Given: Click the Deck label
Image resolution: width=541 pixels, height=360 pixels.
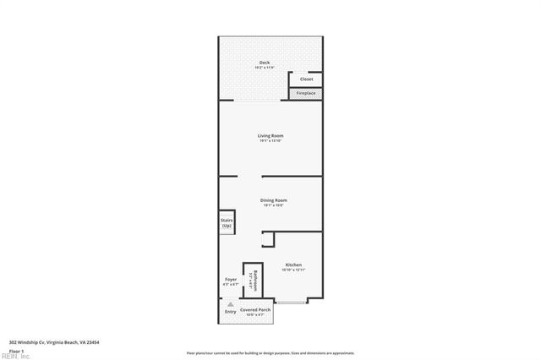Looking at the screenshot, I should [x=265, y=63].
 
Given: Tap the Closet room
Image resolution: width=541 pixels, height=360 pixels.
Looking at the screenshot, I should [x=306, y=79].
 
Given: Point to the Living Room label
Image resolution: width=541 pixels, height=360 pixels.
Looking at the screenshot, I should [x=270, y=135].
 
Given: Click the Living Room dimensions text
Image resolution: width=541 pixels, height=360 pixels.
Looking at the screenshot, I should [x=270, y=140].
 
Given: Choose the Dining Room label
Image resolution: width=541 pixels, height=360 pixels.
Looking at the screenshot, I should [x=275, y=200].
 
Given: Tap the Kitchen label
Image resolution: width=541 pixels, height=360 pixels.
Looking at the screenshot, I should [x=293, y=265].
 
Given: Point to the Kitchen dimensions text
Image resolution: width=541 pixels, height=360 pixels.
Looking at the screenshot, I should [x=293, y=270].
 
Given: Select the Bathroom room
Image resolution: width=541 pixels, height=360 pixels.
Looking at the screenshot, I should [x=253, y=279].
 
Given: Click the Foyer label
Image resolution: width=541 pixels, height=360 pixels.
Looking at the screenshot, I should [x=230, y=280].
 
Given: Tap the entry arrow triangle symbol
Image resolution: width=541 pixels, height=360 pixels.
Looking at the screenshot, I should [x=229, y=303].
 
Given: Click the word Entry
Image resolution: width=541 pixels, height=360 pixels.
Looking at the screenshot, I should [x=230, y=311].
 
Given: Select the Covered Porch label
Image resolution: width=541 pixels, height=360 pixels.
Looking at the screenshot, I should [x=255, y=310].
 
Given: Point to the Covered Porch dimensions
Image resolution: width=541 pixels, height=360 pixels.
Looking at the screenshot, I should [x=255, y=315].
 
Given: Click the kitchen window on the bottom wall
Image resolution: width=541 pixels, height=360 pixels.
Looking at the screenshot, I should [x=292, y=301].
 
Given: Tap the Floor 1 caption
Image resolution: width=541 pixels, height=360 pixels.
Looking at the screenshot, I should [x=15, y=350].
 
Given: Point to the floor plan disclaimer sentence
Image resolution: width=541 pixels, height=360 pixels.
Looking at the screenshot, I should [x=270, y=352].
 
